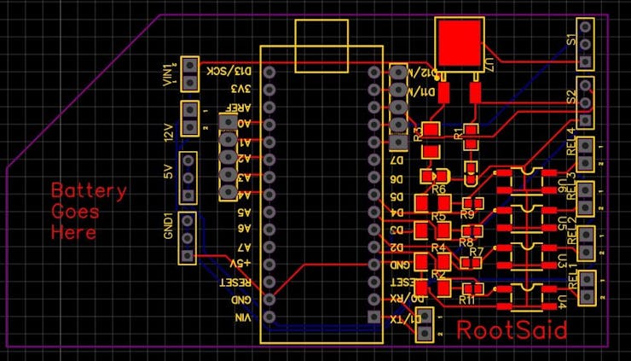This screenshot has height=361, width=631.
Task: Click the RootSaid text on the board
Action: point(512,330)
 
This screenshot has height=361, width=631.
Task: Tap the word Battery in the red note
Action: point(89,190)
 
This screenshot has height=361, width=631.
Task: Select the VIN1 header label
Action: point(168,75)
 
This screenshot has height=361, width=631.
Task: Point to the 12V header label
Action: point(168,131)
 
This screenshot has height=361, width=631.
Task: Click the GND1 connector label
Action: point(168,228)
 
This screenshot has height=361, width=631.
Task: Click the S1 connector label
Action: point(571,40)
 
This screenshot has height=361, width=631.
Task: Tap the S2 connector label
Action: point(571,96)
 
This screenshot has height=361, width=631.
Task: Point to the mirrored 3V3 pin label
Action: point(242,88)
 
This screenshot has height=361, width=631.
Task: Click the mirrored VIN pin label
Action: point(243,317)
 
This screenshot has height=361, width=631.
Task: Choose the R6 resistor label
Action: point(439,189)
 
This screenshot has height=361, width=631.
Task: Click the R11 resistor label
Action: point(466,300)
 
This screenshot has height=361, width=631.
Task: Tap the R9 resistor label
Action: point(466,214)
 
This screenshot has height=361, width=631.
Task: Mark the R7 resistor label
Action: point(476,252)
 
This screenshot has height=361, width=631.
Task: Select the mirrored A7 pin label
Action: point(243,246)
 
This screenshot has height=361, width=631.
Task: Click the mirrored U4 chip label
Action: point(560,300)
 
